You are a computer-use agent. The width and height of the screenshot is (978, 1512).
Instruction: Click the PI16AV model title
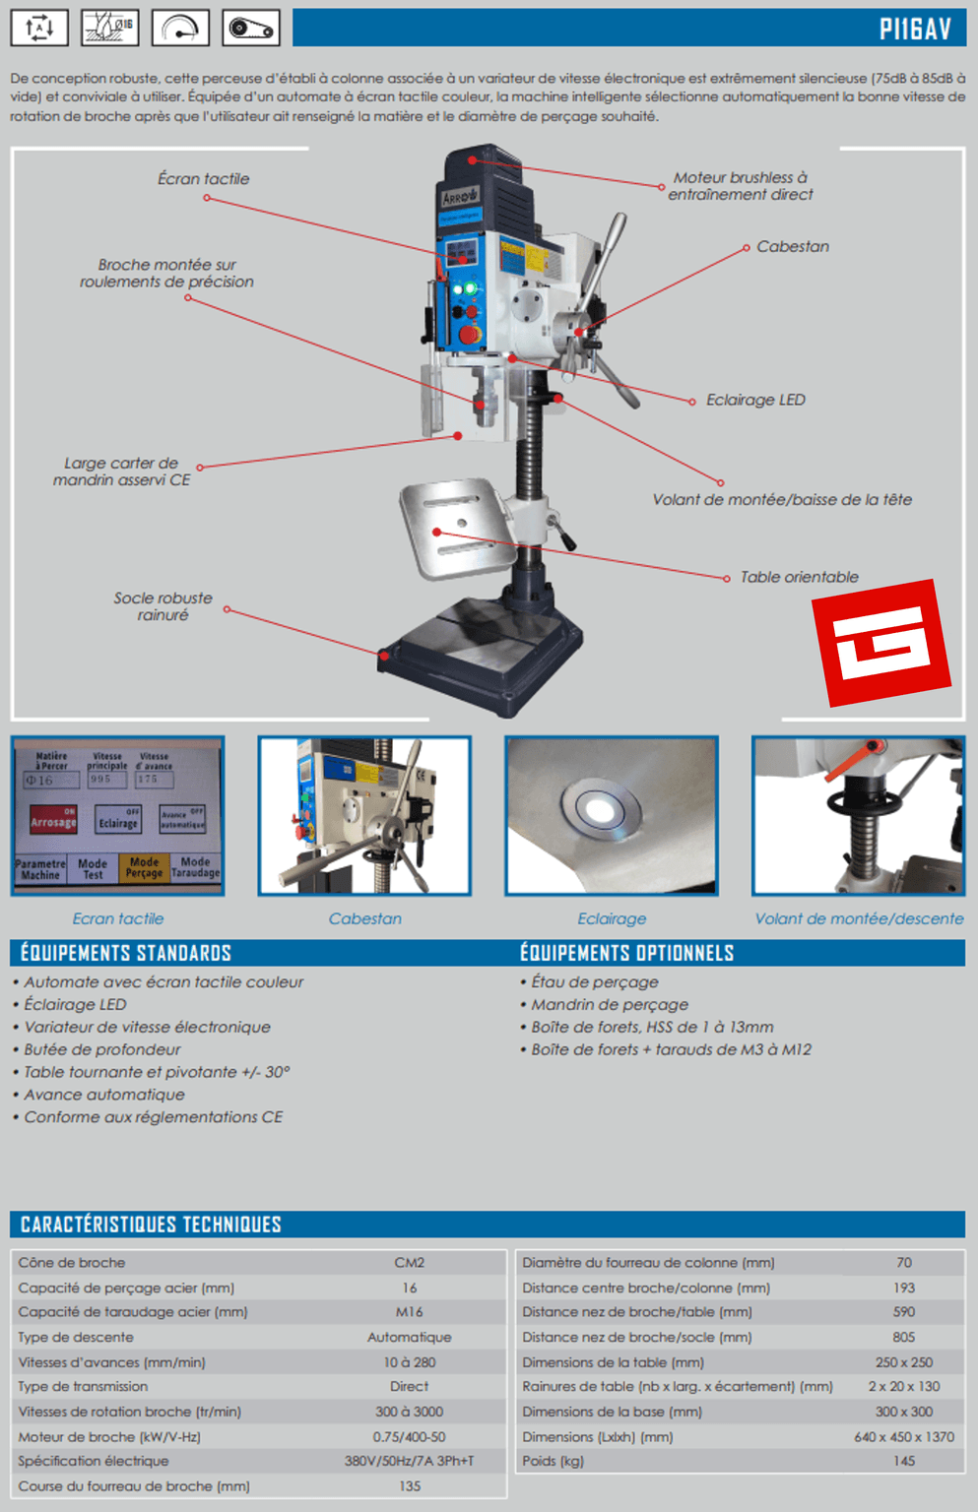tap(915, 29)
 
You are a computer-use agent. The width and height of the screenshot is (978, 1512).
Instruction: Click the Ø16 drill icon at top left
tap(109, 28)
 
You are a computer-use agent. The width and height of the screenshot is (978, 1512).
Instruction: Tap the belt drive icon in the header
tap(251, 28)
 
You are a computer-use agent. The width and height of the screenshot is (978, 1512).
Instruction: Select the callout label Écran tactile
tap(204, 179)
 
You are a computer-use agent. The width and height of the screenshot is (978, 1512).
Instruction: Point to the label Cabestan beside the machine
tap(792, 247)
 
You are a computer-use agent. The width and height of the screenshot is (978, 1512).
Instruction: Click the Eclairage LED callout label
tap(755, 400)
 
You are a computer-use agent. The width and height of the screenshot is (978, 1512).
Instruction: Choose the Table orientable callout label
tap(799, 577)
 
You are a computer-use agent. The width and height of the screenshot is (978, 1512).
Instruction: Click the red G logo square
tap(880, 644)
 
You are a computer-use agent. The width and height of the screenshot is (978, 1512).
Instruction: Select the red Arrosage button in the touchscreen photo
tap(53, 820)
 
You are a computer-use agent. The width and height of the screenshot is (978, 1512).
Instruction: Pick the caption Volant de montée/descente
tap(859, 918)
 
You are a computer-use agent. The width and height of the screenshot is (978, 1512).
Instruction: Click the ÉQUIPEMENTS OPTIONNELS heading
tap(626, 953)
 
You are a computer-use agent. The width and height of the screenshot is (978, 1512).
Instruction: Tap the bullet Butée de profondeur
tap(102, 1049)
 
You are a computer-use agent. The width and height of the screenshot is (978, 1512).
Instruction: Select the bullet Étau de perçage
tap(595, 981)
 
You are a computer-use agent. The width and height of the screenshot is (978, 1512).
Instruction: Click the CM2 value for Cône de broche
tap(409, 1263)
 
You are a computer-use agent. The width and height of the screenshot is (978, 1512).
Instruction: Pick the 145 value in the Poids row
tap(904, 1461)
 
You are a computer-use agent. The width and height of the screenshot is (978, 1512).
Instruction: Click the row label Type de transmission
tap(83, 1386)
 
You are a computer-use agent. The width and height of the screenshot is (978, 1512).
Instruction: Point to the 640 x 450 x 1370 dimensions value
tap(904, 1436)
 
